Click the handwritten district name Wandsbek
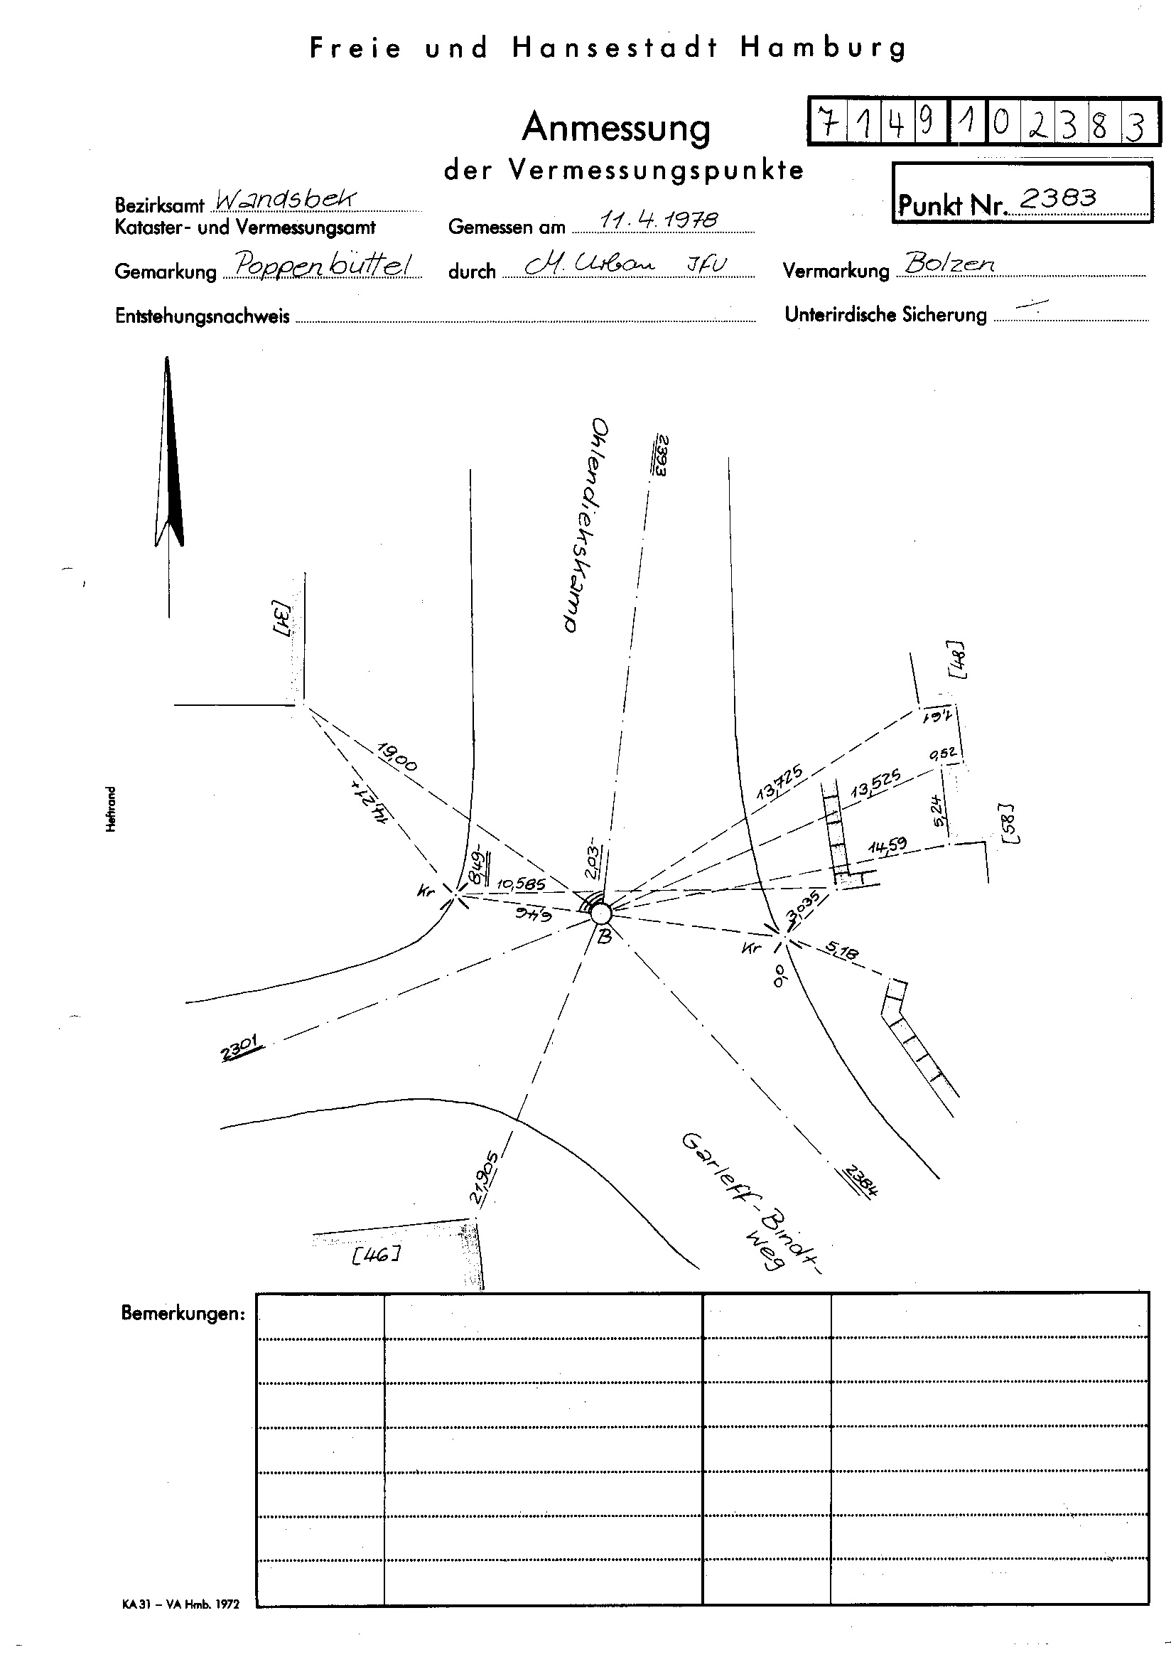click(285, 198)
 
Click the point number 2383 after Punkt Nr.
click(1057, 198)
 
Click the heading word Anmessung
click(616, 127)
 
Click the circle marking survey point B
click(600, 913)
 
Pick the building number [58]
click(1008, 823)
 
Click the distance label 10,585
click(521, 884)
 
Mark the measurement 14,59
click(887, 845)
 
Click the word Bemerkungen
click(183, 1312)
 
